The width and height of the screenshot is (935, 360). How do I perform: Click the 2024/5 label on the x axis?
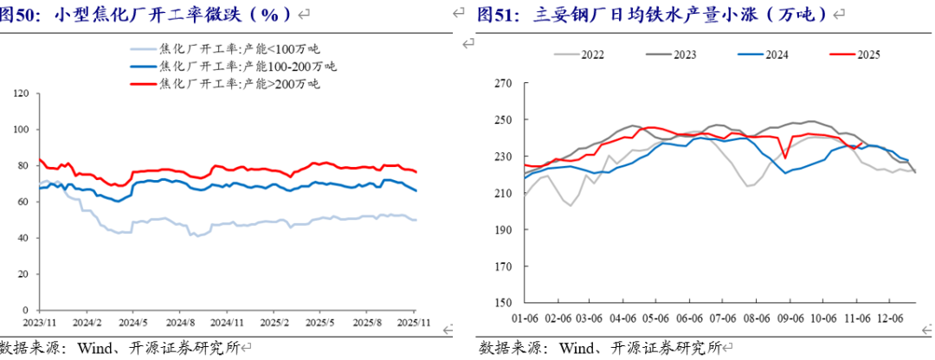click(132, 321)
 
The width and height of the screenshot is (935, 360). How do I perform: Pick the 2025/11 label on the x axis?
click(414, 321)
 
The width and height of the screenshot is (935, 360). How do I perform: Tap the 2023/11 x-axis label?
click(39, 321)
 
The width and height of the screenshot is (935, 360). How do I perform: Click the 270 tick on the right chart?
click(503, 84)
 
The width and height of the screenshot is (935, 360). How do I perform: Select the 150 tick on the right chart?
click(503, 304)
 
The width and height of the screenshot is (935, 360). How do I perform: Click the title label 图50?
click(25, 15)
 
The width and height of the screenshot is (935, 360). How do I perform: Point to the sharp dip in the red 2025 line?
click(784, 157)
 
